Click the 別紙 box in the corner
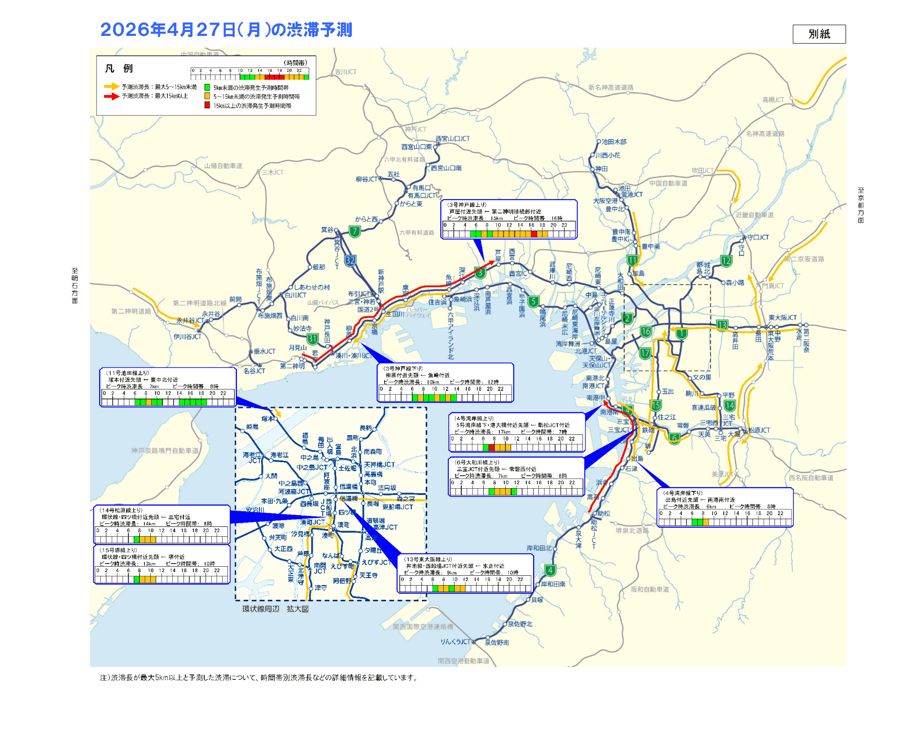point(819,34)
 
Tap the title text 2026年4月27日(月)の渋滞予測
point(226,30)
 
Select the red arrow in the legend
point(111,96)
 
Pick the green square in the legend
point(207,87)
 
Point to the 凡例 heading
point(119,69)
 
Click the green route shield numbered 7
point(354,232)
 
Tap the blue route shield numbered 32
point(350,260)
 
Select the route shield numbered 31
point(312,339)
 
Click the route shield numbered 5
point(533,302)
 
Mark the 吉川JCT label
point(346,72)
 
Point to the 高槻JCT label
point(773,100)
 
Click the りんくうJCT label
point(455,642)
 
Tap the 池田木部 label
point(614,142)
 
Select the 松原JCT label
point(759,430)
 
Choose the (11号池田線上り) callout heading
point(127,373)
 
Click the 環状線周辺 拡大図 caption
point(275,609)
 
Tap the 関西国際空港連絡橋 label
point(423,626)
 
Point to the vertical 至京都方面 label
point(861,205)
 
